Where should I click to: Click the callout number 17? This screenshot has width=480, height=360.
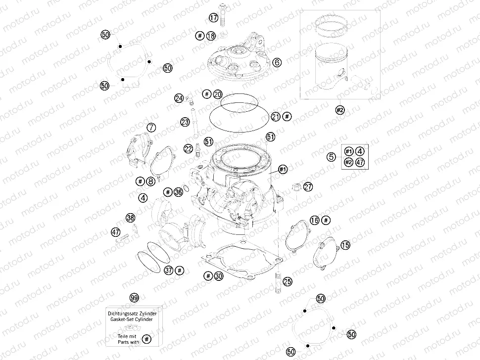pyautogui.click(x=213, y=18)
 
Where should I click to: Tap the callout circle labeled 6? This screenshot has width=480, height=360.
pyautogui.click(x=277, y=62)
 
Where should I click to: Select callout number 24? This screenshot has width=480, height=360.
pyautogui.click(x=179, y=98)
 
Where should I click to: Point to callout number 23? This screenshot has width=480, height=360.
pyautogui.click(x=185, y=122)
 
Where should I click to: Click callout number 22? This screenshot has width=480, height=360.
pyautogui.click(x=189, y=148)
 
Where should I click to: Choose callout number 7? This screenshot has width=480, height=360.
pyautogui.click(x=151, y=128)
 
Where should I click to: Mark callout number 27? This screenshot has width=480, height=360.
pyautogui.click(x=308, y=187)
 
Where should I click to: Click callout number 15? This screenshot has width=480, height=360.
pyautogui.click(x=345, y=245)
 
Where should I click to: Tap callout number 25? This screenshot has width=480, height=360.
pyautogui.click(x=287, y=281)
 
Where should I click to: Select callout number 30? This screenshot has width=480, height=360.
pyautogui.click(x=219, y=276)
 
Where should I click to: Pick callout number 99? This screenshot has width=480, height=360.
pyautogui.click(x=134, y=298)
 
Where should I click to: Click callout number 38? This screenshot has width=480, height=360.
pyautogui.click(x=130, y=218)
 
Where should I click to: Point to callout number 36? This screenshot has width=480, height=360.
pyautogui.click(x=178, y=192)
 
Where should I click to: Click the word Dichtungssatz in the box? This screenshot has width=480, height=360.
pyautogui.click(x=121, y=314)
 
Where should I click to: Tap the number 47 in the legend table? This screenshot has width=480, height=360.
pyautogui.click(x=360, y=163)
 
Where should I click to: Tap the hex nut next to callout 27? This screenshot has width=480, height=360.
pyautogui.click(x=297, y=187)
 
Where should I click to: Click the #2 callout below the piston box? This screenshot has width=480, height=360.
pyautogui.click(x=340, y=110)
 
